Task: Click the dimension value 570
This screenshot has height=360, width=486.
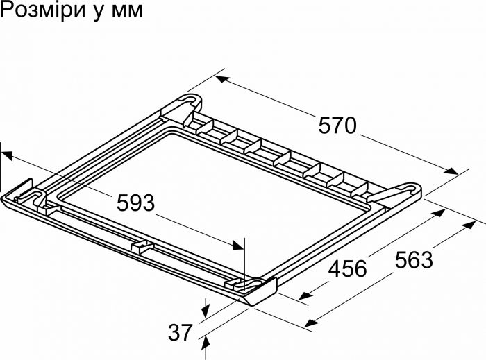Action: coord(337,126)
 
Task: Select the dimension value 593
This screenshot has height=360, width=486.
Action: coord(135,203)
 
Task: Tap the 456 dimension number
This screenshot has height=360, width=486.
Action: coord(346,268)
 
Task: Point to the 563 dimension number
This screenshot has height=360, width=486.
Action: coord(413,259)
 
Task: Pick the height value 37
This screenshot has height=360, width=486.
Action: coord(180,333)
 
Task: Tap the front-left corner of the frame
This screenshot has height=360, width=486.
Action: coord(21,192)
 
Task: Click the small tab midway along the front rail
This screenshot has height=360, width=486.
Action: coord(142,246)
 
